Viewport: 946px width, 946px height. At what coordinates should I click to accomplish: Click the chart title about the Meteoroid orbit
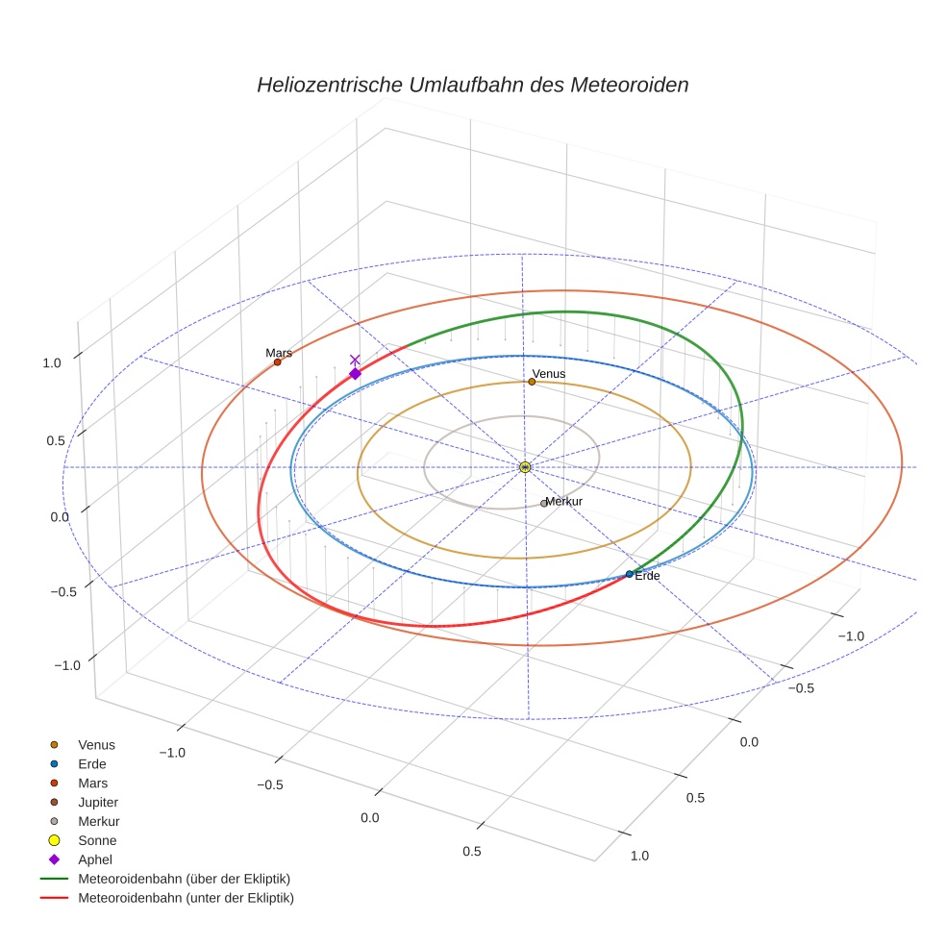coord(473,85)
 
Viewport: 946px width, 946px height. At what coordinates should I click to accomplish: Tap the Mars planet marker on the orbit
coord(278,362)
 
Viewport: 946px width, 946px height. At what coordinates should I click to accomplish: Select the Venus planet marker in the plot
coord(532,382)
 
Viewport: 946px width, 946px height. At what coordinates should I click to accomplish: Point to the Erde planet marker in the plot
coord(630,574)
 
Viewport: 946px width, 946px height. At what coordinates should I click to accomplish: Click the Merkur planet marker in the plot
coord(543,503)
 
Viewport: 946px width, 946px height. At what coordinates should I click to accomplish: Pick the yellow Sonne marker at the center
coord(525,467)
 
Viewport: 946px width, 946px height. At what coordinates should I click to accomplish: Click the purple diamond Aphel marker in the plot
coord(356,374)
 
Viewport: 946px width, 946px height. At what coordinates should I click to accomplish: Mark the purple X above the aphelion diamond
coord(355,360)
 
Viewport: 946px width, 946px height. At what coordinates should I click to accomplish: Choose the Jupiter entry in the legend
coord(85,803)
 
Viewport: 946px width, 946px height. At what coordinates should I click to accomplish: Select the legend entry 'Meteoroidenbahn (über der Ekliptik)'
coord(165,879)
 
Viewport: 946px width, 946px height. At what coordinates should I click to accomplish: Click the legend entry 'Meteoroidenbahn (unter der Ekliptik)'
coord(167,898)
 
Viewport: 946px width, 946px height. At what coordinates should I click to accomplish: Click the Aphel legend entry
coord(81,859)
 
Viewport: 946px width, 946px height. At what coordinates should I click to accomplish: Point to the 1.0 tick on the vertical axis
coord(52,362)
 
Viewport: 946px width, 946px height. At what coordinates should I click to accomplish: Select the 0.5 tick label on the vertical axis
coord(56,440)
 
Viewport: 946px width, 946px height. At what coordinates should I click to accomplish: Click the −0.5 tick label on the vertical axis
coord(64,591)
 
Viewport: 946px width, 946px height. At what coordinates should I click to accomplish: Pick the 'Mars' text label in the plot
coord(279,352)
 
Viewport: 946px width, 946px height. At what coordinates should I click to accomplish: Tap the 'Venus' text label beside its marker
coord(549,373)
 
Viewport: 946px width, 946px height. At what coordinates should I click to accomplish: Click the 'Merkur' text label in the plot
coord(564,501)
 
